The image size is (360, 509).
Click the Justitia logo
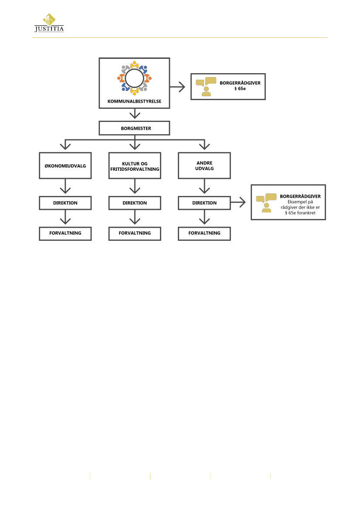point(49,23)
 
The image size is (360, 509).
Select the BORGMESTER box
point(135,128)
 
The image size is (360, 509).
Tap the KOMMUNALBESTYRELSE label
point(135,101)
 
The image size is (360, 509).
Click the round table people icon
point(135,78)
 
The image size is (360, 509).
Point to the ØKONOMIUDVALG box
point(65,165)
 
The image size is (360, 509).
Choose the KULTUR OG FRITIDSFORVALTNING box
point(135,165)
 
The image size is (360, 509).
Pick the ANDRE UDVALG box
point(204,165)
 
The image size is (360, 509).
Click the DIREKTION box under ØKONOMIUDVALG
point(65,203)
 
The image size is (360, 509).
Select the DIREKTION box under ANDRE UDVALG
point(204,203)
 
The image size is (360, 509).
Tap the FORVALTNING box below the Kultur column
point(135,233)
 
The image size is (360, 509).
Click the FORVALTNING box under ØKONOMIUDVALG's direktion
point(65,233)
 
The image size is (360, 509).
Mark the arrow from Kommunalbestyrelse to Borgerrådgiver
point(177,87)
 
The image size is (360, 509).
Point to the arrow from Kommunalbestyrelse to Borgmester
point(135,114)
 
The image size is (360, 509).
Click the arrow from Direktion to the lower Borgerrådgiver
point(238,202)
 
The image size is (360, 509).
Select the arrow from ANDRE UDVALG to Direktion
point(204,186)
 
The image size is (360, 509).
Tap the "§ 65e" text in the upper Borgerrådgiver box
point(240,89)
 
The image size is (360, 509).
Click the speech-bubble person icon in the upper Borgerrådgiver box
point(206,87)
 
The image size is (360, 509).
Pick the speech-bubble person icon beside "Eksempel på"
point(266,203)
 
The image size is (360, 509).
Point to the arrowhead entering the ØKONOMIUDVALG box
point(65,146)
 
